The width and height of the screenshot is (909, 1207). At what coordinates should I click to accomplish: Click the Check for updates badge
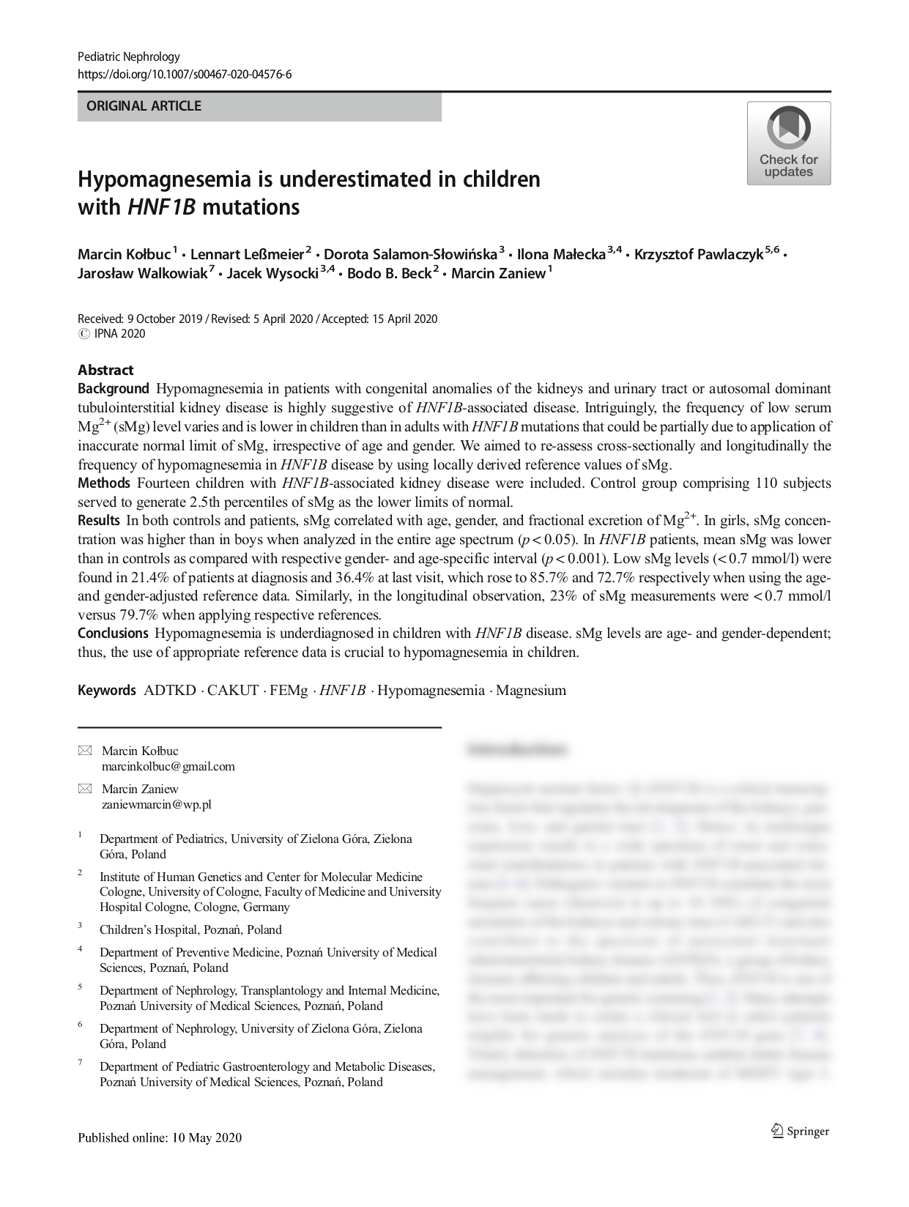[x=788, y=143]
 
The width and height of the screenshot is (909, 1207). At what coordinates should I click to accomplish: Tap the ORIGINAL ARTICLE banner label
[x=144, y=106]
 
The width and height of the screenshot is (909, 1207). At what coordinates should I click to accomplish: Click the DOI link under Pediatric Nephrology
[x=185, y=74]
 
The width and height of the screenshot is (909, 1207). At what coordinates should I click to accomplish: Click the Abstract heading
[x=105, y=370]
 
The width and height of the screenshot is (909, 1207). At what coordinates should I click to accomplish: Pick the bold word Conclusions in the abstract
[x=113, y=633]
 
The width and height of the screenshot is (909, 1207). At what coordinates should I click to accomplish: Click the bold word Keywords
[x=106, y=690]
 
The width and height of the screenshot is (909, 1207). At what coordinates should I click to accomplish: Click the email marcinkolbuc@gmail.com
[x=168, y=766]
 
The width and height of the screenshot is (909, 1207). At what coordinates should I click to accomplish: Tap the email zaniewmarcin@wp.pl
[x=157, y=804]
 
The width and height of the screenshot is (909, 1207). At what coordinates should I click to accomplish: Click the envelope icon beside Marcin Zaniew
[x=85, y=789]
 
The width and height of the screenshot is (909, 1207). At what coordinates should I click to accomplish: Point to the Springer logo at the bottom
[x=800, y=1131]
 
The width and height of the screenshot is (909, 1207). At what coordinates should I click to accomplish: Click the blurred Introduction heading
[x=517, y=749]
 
